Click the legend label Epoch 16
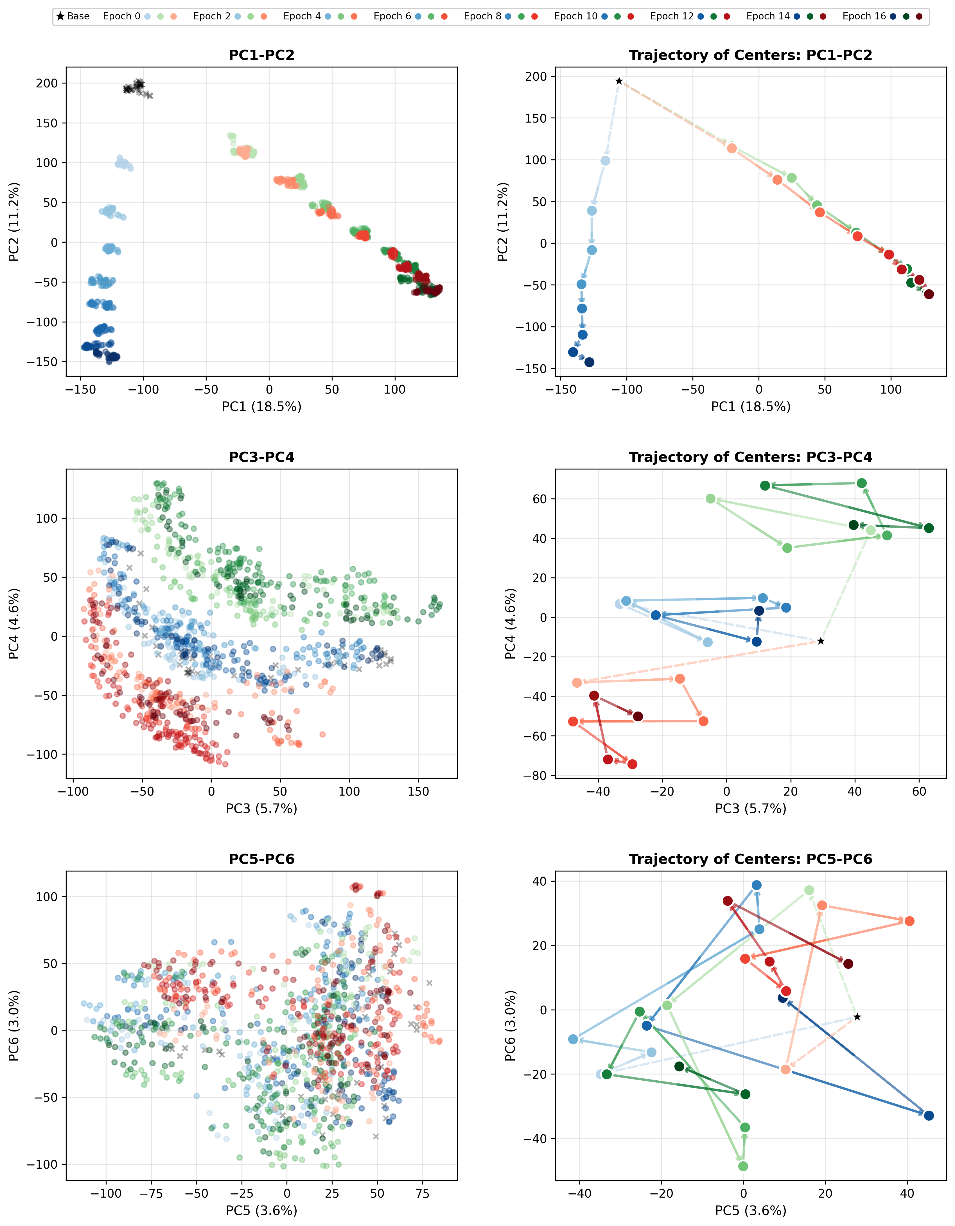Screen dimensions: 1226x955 (x=863, y=16)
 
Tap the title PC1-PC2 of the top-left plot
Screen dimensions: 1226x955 (x=262, y=55)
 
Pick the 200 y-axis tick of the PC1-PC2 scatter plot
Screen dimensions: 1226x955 (x=47, y=83)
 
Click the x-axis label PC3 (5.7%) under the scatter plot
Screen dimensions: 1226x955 (x=262, y=808)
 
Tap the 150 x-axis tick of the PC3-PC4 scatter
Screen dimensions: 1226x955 (x=418, y=791)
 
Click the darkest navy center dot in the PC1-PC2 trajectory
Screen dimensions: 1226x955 (x=589, y=362)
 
